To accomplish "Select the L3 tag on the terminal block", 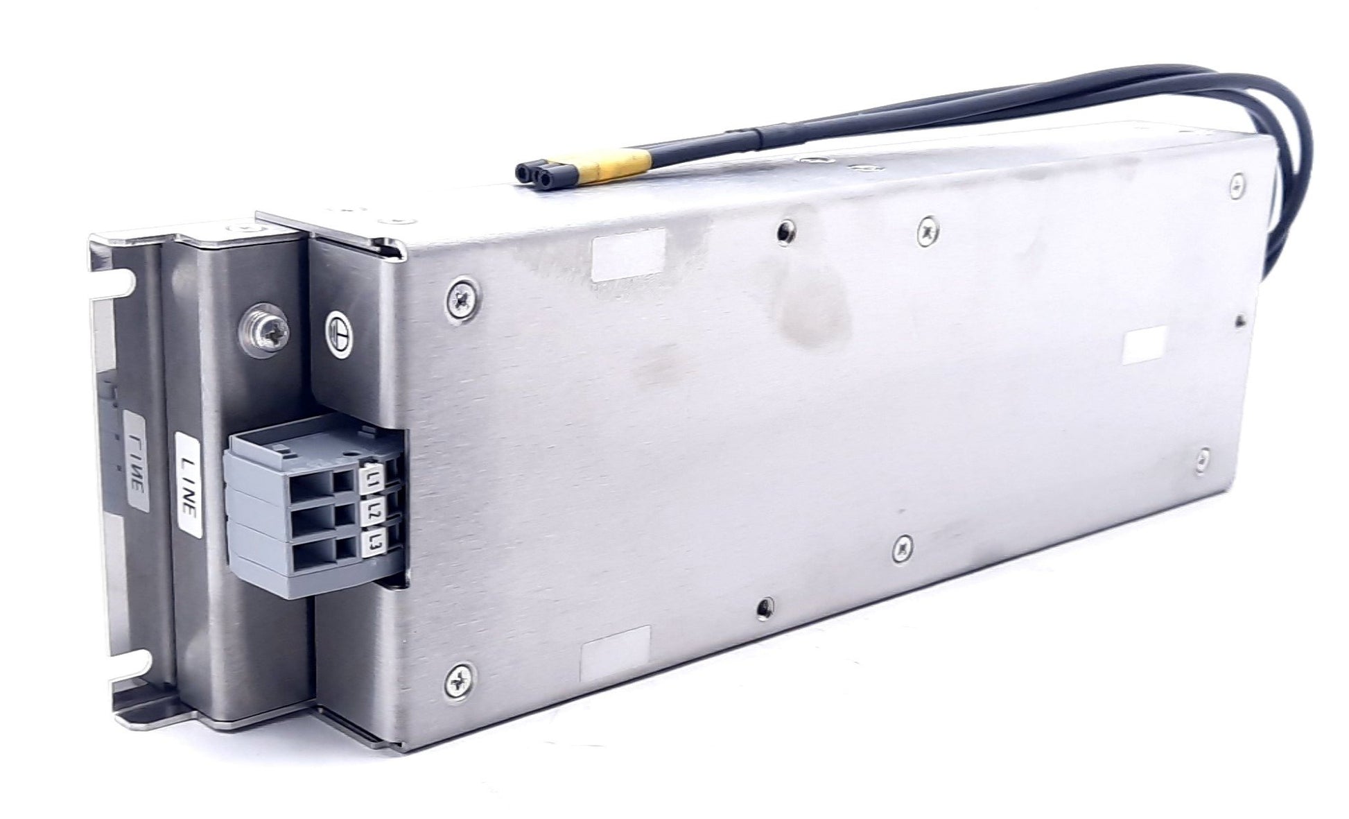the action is (x=374, y=542).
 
